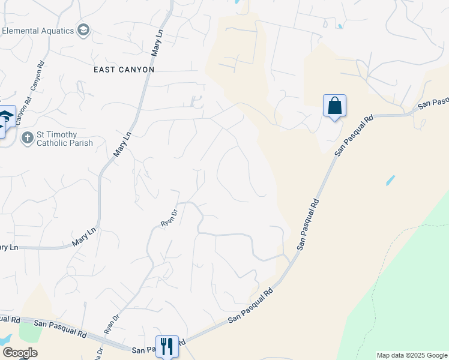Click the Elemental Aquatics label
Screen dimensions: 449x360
click(x=37, y=31)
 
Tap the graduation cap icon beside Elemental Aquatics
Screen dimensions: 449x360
click(x=83, y=31)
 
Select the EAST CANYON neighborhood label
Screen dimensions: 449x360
click(x=124, y=70)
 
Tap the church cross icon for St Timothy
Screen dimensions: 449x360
click(x=27, y=139)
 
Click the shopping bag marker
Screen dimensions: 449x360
click(x=334, y=106)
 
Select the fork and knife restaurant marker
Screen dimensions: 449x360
click(x=167, y=346)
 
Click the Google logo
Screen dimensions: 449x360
click(x=20, y=353)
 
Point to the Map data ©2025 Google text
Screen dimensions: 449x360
click(x=412, y=355)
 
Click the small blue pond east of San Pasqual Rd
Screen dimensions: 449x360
click(x=391, y=179)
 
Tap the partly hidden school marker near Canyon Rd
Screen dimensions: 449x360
click(x=5, y=117)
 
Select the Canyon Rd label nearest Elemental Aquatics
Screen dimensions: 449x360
click(x=37, y=76)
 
